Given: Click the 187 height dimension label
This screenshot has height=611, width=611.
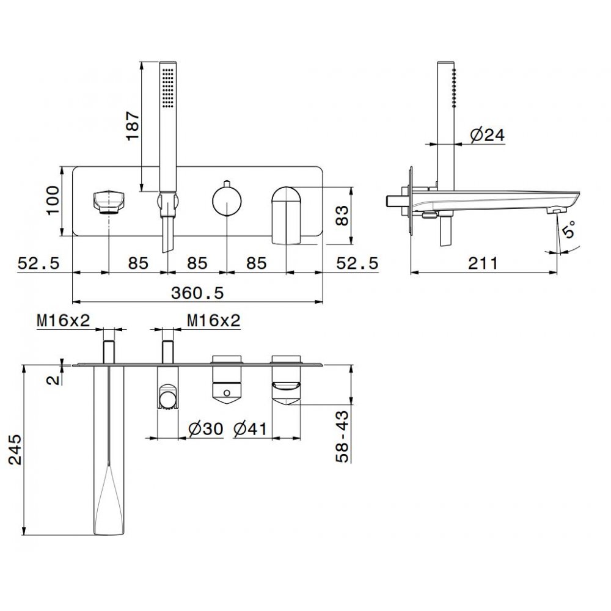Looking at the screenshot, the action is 133,125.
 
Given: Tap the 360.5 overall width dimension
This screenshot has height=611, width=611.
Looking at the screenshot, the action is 197,293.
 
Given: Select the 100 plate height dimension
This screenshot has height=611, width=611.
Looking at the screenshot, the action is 53,200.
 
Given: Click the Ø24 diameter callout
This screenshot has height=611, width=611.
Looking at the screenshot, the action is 487,135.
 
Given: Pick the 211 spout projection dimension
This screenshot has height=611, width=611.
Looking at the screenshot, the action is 483,263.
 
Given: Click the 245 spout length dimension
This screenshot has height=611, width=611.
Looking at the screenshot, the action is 16,450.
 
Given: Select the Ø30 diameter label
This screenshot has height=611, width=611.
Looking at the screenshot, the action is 206,429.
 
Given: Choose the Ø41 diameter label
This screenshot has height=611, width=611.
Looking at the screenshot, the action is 250,429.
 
